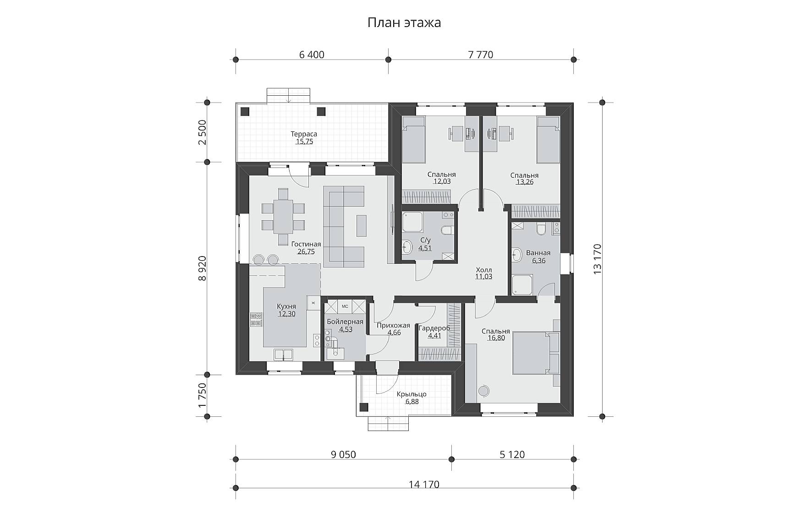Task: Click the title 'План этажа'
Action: coord(404,23)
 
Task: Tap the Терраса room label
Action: coord(304,134)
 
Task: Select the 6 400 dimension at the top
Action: coord(312,55)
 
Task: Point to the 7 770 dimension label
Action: coord(481,55)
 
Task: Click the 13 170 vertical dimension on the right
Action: coord(597,259)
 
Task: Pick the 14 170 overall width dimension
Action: coord(424,484)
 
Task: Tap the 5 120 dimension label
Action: coord(512,454)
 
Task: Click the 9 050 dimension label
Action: coord(343,454)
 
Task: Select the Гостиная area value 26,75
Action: coord(306,251)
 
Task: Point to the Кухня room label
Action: coord(286,306)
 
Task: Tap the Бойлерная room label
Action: coord(345,322)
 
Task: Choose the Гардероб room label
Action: coord(434,328)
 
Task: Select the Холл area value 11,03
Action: coord(483,277)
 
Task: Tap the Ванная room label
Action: coord(538,253)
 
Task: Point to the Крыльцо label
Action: coord(412,394)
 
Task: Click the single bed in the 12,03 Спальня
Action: coord(414,140)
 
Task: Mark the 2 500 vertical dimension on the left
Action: coord(202,132)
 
